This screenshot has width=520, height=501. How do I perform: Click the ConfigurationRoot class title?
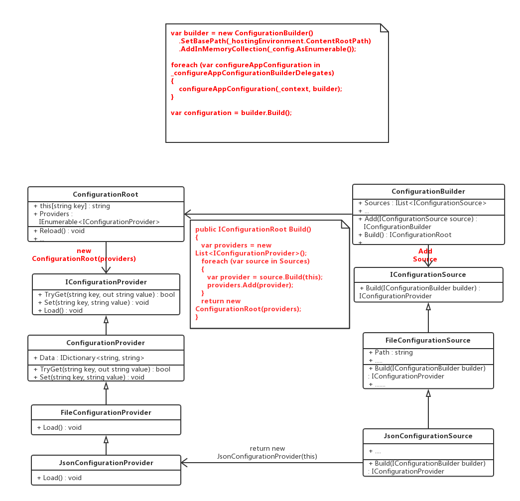(106, 194)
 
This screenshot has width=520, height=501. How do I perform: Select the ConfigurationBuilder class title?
(428, 191)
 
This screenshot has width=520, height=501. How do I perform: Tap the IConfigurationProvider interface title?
(106, 282)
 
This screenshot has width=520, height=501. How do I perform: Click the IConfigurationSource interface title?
(428, 274)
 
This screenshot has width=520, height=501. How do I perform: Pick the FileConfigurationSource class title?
(428, 340)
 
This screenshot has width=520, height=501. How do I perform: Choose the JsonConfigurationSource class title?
(428, 436)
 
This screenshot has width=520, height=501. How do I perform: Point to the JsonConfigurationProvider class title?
(106, 463)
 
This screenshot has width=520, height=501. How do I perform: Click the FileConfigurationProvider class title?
(106, 412)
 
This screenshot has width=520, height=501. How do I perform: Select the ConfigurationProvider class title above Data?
(106, 343)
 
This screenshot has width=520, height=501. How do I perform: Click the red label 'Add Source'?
(425, 255)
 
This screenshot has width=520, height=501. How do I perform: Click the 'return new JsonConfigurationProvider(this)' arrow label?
(267, 452)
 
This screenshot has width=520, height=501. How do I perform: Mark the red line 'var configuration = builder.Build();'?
(231, 113)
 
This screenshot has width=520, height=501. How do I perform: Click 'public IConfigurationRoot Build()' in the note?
(253, 229)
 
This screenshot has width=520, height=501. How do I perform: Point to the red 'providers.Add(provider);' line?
(250, 285)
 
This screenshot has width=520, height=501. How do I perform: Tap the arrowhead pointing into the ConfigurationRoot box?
(187, 214)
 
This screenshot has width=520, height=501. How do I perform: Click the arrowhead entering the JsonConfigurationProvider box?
(184, 463)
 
